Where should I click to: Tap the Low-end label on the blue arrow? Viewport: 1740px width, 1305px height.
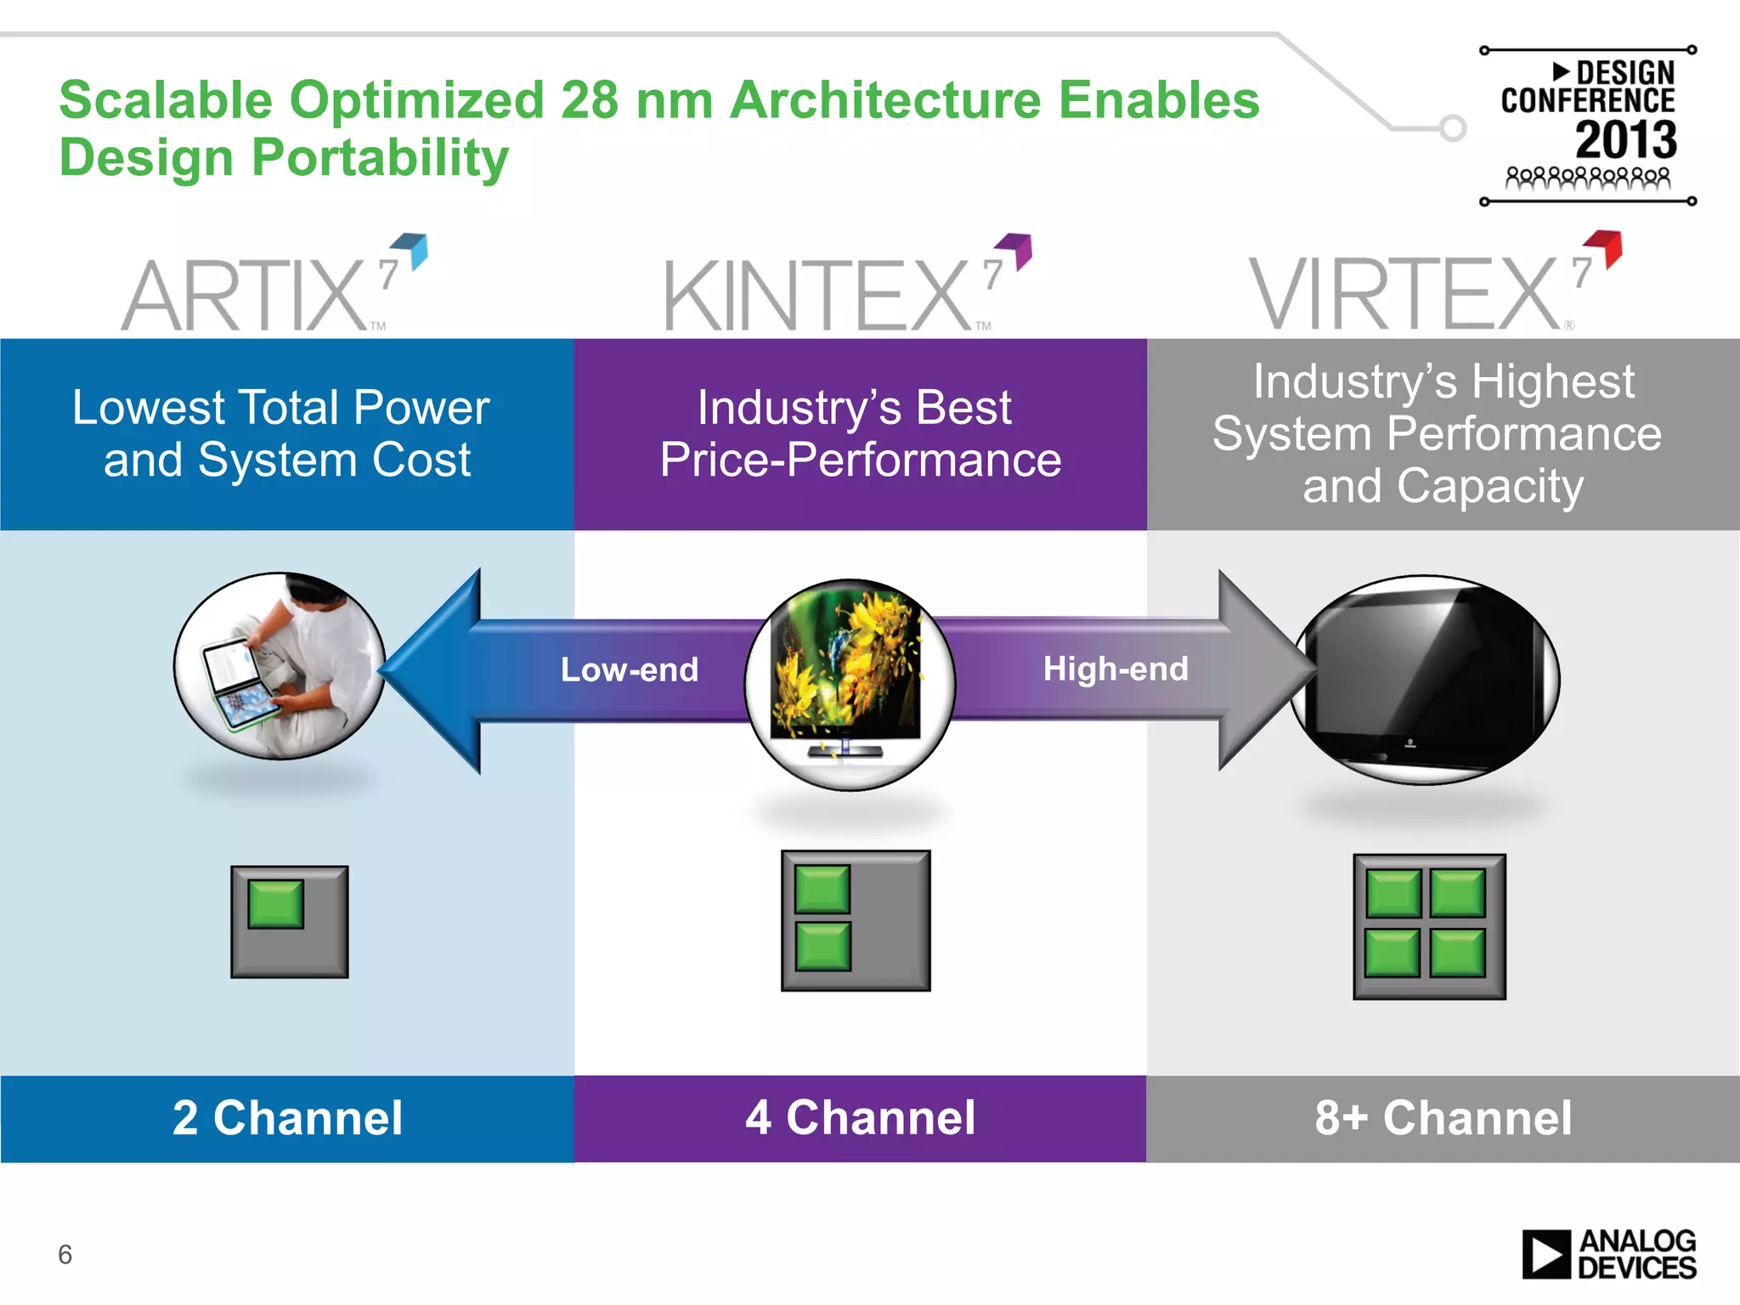(x=629, y=669)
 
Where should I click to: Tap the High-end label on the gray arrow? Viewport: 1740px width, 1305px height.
(x=1115, y=669)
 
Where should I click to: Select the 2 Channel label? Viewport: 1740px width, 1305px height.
(x=287, y=1118)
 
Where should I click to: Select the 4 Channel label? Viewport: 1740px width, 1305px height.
(x=860, y=1118)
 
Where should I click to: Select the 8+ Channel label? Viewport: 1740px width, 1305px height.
(x=1443, y=1118)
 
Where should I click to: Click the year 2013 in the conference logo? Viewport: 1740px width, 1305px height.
(x=1625, y=140)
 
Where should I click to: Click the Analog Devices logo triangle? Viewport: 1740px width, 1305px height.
(x=1545, y=1255)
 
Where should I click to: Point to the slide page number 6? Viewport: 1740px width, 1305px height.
(x=65, y=1255)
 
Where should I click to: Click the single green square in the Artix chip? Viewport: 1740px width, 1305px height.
(x=276, y=903)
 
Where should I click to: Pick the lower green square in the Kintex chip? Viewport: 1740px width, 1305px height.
(x=822, y=946)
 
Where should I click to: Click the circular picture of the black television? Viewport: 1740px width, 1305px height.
(x=1425, y=680)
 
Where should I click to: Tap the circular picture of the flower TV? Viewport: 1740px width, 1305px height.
(x=850, y=685)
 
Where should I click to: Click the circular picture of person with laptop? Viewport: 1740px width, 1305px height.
(x=280, y=665)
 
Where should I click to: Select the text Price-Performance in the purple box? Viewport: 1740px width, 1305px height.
(x=860, y=460)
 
